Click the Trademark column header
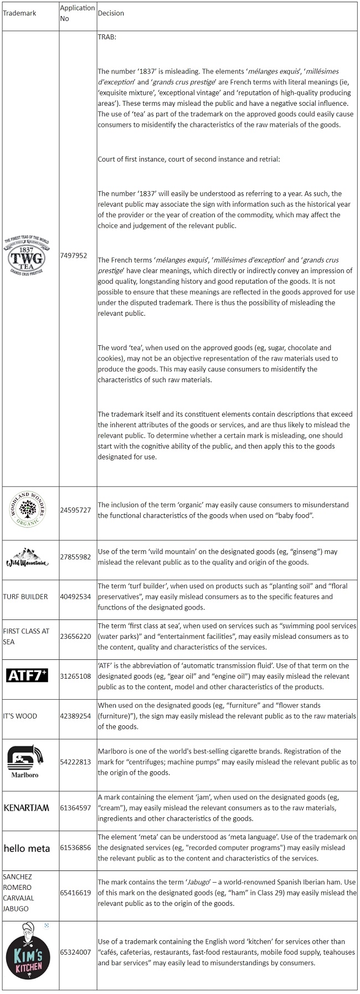(x=19, y=13)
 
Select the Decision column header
(x=111, y=13)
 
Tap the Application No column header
(x=77, y=13)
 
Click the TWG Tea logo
(x=27, y=256)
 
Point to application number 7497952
(x=74, y=256)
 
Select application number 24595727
(x=75, y=510)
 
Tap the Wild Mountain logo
(x=27, y=557)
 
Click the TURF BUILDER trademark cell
(x=25, y=597)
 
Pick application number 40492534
(x=75, y=597)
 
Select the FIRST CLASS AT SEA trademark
(x=26, y=636)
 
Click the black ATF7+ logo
(x=27, y=675)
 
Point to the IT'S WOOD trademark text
(x=20, y=716)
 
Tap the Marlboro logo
(x=25, y=761)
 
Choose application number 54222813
(x=75, y=762)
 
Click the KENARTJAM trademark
(x=27, y=808)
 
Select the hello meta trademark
(x=27, y=848)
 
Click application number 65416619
(x=75, y=893)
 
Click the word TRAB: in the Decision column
(x=107, y=38)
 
